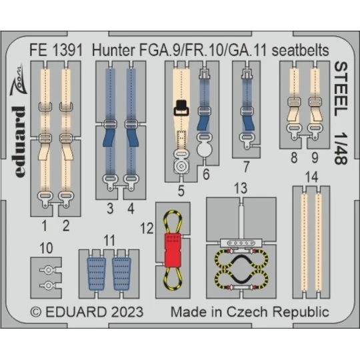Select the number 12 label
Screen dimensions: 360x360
147,228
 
